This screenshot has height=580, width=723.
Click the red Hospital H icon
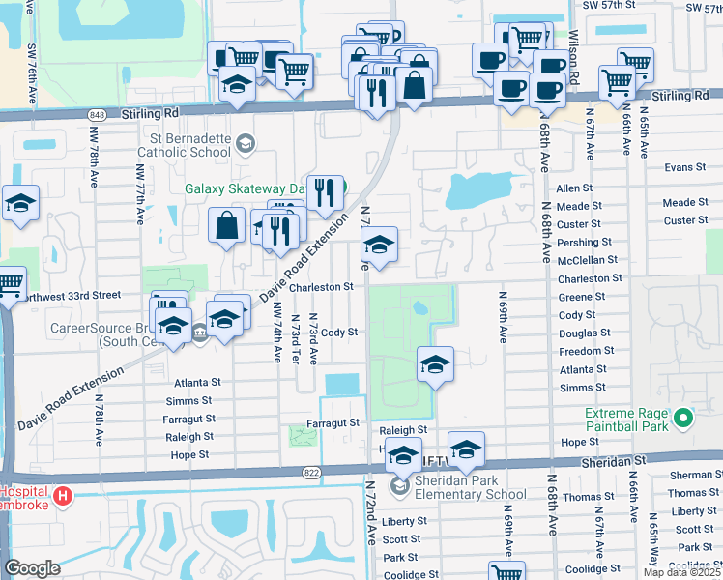[64, 497]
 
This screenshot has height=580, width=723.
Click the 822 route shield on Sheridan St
[311, 472]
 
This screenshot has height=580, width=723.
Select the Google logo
[32, 568]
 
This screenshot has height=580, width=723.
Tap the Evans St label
[685, 168]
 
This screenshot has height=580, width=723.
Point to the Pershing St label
[580, 242]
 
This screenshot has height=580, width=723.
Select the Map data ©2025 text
[682, 573]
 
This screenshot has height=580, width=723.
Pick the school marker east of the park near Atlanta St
[435, 365]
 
